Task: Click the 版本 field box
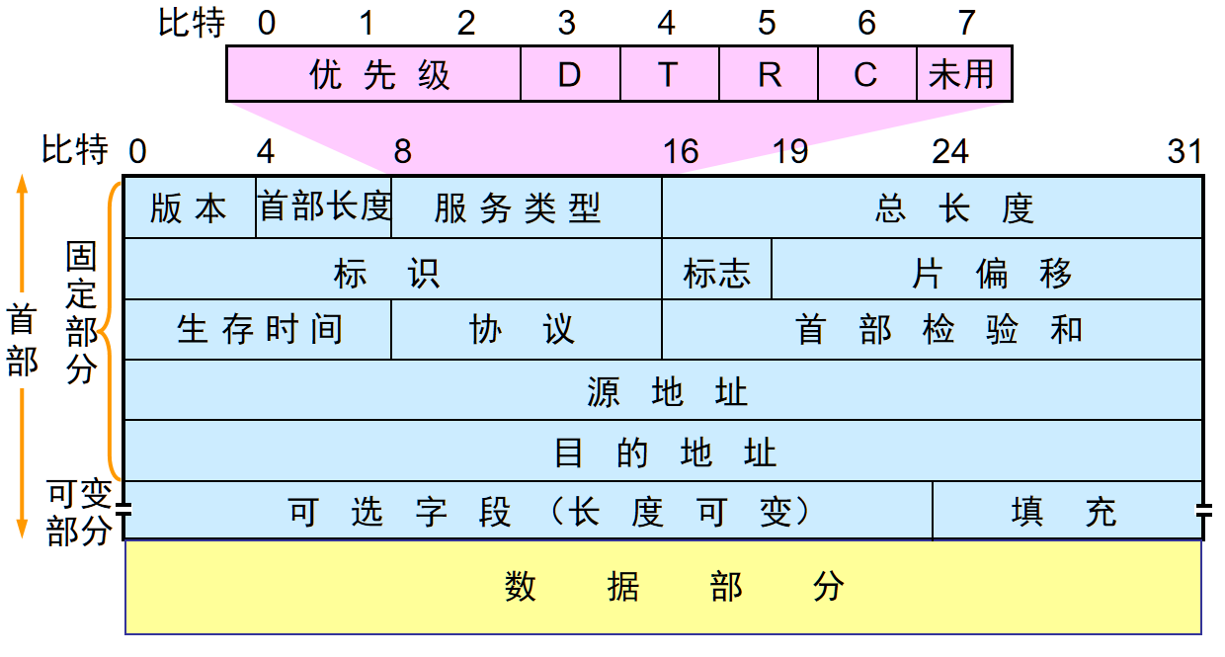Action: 190,208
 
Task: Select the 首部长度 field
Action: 324,207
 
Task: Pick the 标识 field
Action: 392,270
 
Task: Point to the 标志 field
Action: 716,270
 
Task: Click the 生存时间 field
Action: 258,330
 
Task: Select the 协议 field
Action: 526,330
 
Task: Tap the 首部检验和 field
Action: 932,330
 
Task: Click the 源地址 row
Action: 663,391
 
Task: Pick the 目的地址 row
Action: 663,452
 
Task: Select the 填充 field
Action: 1067,512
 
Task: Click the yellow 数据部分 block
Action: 663,587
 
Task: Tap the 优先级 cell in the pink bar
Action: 374,74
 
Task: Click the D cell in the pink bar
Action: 570,74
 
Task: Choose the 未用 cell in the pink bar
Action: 963,74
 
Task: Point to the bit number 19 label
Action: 789,151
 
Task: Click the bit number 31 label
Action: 1184,151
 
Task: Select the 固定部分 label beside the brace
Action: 81,313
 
